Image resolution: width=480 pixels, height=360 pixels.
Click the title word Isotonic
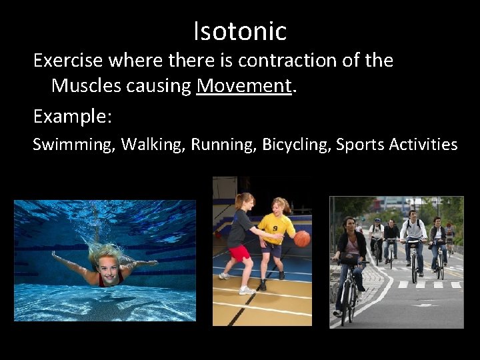[x=240, y=31]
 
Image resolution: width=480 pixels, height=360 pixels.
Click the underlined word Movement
[x=245, y=85]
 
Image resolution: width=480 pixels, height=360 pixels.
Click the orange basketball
[x=302, y=239]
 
